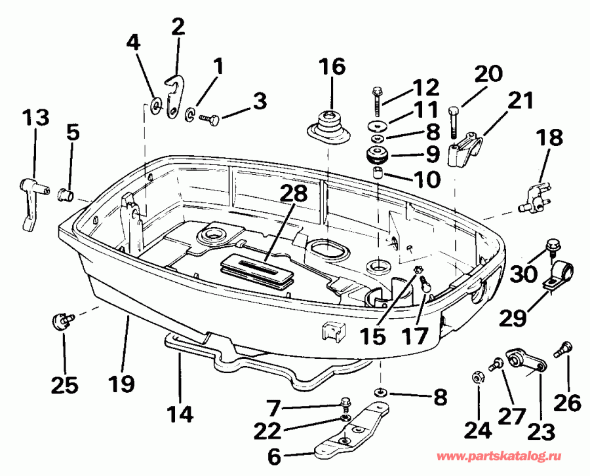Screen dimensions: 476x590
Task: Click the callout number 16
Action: (x=332, y=67)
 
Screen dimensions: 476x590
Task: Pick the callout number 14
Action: (x=180, y=414)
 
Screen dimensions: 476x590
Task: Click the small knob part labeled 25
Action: (x=60, y=321)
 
